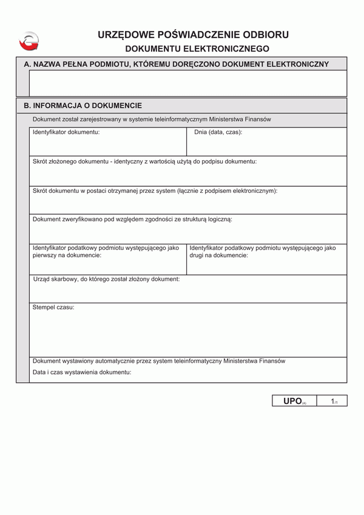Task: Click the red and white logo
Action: (x=29, y=41)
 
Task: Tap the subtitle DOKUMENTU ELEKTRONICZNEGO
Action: (x=197, y=48)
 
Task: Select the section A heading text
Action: (x=176, y=64)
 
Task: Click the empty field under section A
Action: (x=188, y=83)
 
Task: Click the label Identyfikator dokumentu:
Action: (x=66, y=132)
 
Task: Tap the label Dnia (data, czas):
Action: (x=218, y=132)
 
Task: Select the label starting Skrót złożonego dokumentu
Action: (x=144, y=161)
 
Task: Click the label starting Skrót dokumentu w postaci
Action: (x=155, y=190)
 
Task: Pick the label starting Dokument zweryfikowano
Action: (x=132, y=219)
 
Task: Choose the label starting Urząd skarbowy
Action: (x=106, y=279)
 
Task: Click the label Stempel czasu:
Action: (x=53, y=308)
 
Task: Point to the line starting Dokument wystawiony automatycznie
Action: (x=159, y=361)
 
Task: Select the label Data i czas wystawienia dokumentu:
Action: (x=82, y=372)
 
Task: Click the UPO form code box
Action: (x=295, y=401)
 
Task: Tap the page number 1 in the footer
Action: (x=333, y=401)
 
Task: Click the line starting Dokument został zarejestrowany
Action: (x=152, y=119)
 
